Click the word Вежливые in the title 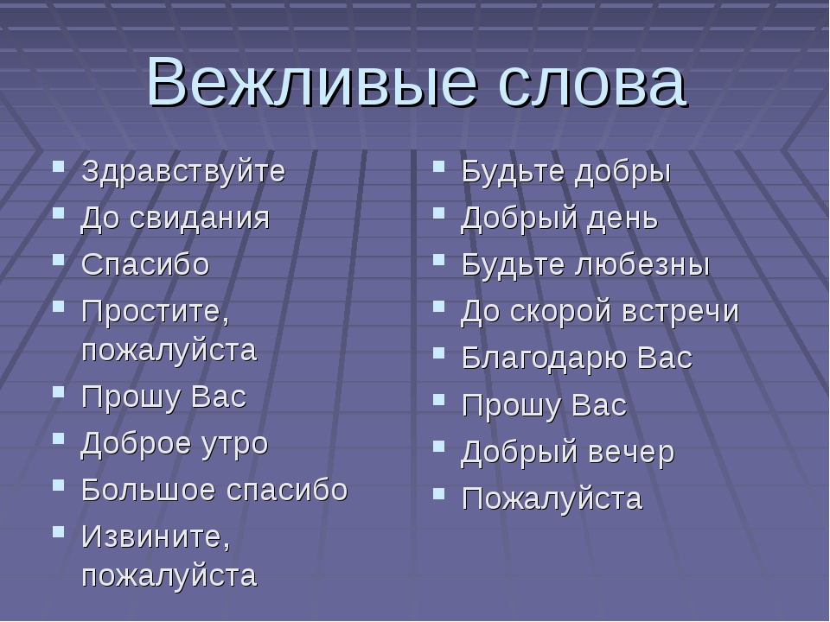click(x=312, y=82)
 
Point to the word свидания click(x=200, y=219)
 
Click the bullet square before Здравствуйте click(x=59, y=167)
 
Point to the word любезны click(x=642, y=264)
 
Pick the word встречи click(x=680, y=312)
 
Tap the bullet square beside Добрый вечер click(x=438, y=447)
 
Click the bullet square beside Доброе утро click(x=59, y=438)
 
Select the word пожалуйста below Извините click(x=169, y=576)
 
